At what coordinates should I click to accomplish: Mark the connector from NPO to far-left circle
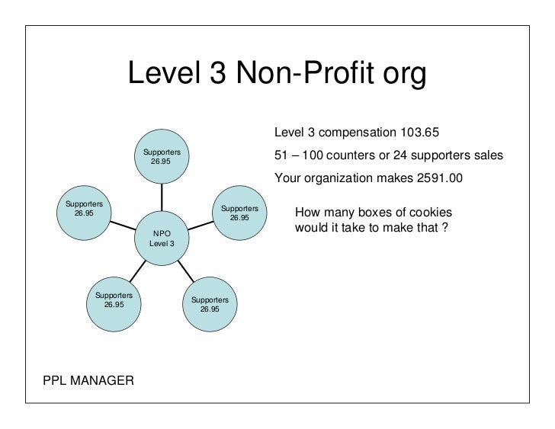[x=123, y=224]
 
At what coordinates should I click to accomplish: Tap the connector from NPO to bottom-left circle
[x=137, y=270]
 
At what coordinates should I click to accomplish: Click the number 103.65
[x=420, y=133]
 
